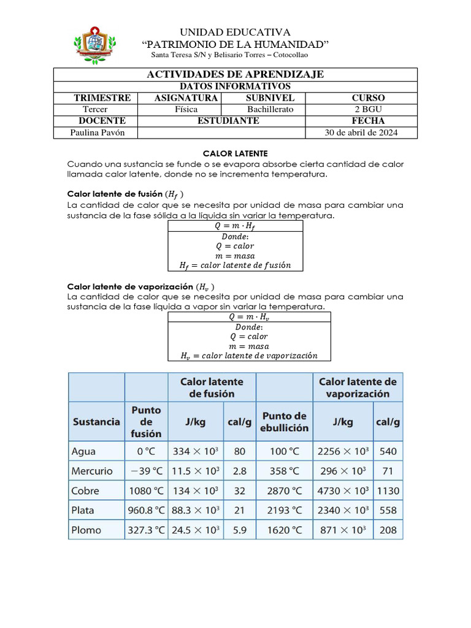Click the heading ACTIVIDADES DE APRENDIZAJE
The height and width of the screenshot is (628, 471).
(235, 74)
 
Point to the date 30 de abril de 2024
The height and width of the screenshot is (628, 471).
(361, 133)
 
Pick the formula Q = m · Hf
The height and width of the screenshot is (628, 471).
(235, 226)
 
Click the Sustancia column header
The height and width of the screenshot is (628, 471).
(96, 421)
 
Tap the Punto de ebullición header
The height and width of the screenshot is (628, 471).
(284, 421)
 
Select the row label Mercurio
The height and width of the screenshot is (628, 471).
(92, 471)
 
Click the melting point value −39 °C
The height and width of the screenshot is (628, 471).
(146, 471)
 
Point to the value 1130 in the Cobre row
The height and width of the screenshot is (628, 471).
(388, 491)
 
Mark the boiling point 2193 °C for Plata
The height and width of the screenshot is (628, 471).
(284, 510)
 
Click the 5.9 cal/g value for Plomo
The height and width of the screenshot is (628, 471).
(239, 530)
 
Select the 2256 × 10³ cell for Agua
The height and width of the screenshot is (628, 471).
(343, 451)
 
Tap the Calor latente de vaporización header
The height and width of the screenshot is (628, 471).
(358, 388)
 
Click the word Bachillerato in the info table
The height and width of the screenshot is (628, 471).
(270, 109)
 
